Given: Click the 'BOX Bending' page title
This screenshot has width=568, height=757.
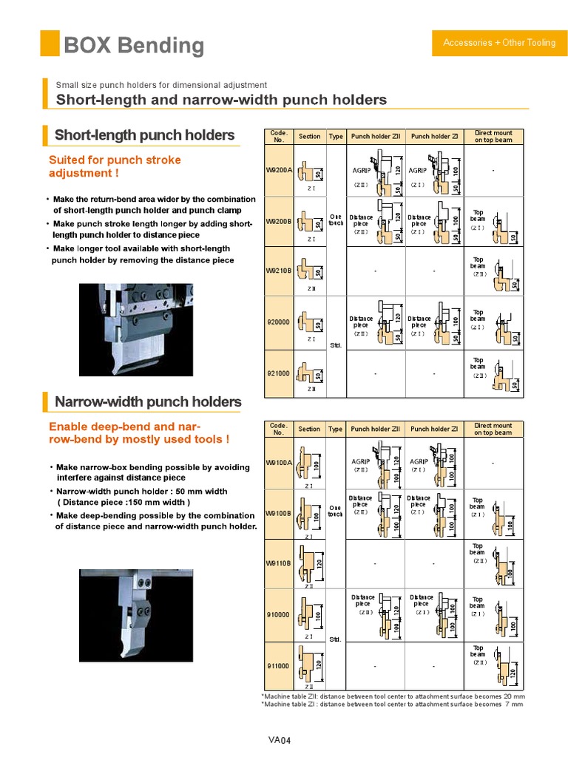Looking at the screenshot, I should [134, 45].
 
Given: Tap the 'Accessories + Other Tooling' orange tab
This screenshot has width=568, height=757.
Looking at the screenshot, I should [498, 43].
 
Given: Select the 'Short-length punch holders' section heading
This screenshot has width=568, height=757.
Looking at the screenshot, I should [144, 135].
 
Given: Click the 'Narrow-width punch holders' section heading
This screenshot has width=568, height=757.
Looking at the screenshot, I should [148, 402].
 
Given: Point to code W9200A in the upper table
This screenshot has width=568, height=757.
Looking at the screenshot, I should [279, 170].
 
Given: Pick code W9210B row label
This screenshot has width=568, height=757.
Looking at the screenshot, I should [279, 271].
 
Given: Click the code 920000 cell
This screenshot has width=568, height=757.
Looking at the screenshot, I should [279, 322].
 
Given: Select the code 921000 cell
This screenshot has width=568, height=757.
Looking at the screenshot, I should [279, 373].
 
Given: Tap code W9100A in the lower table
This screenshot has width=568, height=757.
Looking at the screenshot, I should [279, 463].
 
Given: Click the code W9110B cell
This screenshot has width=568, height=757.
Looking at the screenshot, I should [279, 563].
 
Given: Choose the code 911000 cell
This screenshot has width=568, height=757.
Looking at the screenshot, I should [279, 665].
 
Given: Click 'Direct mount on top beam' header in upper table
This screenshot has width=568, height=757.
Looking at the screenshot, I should [493, 137].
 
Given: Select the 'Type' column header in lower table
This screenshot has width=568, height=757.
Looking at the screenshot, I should [335, 429].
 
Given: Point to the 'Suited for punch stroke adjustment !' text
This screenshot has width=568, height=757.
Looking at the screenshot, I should [115, 166].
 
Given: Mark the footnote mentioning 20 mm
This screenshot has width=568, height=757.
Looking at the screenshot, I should [393, 696].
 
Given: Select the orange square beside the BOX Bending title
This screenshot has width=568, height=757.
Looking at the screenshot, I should [50, 44].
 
